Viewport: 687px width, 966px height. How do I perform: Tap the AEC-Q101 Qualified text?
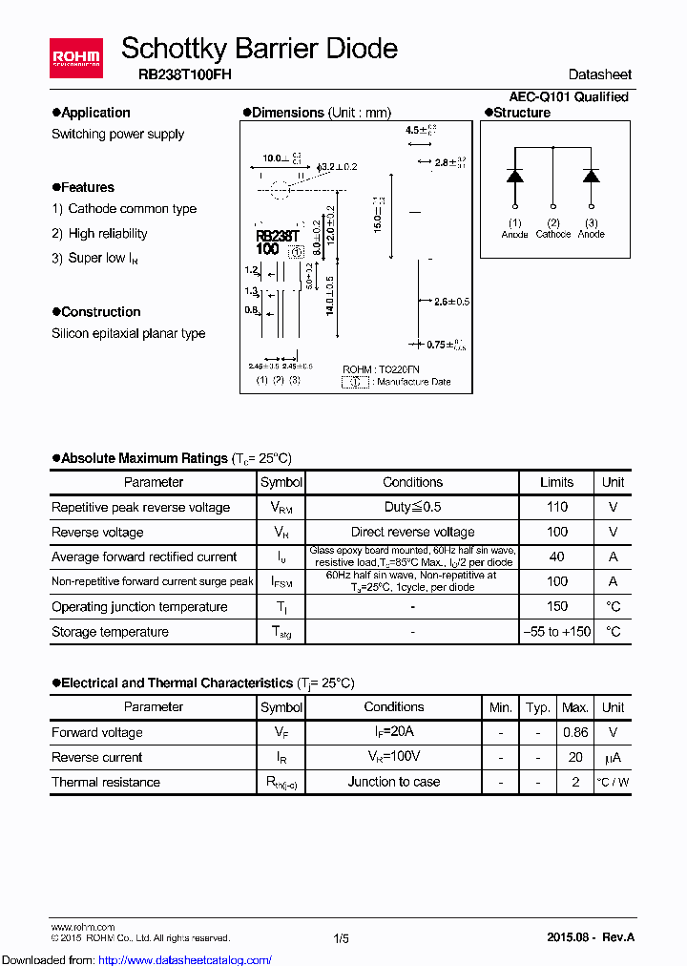[569, 96]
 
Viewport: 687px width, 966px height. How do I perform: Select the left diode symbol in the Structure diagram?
[515, 176]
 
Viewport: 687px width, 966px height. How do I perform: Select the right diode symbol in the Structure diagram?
[591, 176]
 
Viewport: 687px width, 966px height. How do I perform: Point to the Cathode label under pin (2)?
[552, 234]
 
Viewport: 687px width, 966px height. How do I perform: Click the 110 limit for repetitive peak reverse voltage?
[556, 507]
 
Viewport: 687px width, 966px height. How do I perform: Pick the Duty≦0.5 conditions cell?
[412, 507]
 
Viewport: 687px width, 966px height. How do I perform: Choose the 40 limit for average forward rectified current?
[556, 556]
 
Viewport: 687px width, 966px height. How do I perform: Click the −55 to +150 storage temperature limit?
[556, 631]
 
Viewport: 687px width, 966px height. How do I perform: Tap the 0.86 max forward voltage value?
[575, 732]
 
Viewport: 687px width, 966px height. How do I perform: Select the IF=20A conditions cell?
[393, 732]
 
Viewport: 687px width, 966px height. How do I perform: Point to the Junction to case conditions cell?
[393, 782]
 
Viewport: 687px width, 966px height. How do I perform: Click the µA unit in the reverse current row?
[613, 757]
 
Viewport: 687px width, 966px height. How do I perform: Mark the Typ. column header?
[538, 707]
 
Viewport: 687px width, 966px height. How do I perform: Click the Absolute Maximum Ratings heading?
[145, 458]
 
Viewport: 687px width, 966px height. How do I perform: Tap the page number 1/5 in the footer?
[342, 938]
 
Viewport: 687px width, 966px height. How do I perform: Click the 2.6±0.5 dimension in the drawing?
[451, 302]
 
